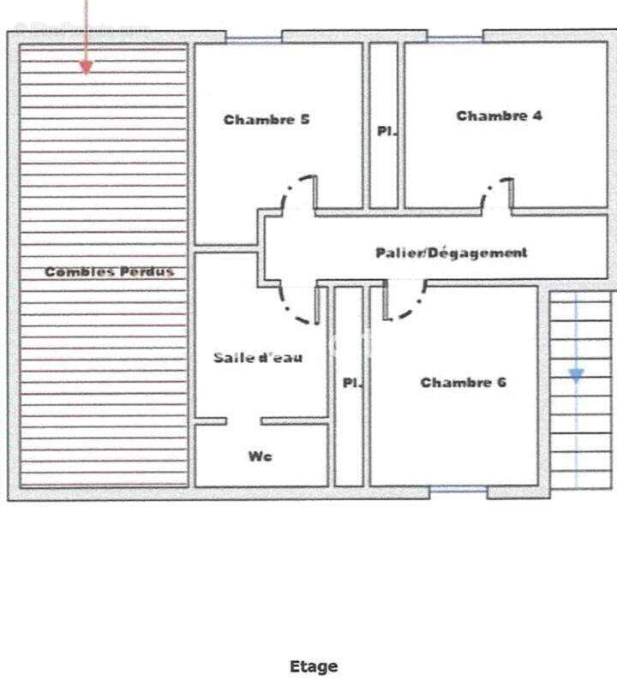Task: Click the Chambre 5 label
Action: click(267, 120)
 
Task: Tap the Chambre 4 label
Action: click(499, 116)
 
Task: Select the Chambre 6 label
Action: click(463, 383)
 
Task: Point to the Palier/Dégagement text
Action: click(452, 253)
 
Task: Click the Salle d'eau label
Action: click(258, 358)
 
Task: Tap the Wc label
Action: click(261, 456)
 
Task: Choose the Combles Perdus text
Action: click(110, 271)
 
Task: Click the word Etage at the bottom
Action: click(314, 667)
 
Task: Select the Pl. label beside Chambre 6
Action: click(352, 383)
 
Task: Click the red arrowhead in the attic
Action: click(87, 68)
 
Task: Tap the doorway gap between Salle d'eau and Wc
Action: click(243, 421)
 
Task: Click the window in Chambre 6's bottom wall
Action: click(458, 490)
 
